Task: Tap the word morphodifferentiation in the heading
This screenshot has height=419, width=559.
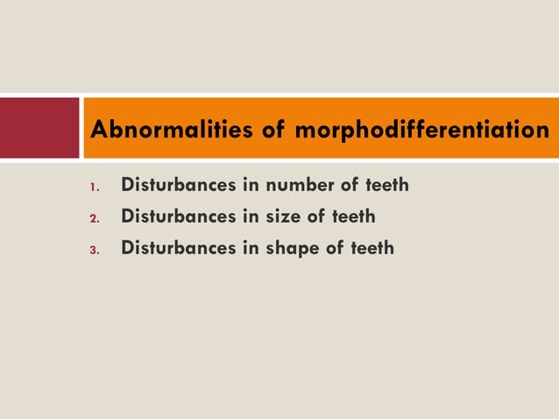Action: tap(423, 131)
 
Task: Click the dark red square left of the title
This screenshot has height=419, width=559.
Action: tap(39, 128)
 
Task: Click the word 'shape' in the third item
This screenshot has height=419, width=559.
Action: tap(295, 249)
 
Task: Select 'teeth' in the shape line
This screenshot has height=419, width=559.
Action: tap(372, 249)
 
